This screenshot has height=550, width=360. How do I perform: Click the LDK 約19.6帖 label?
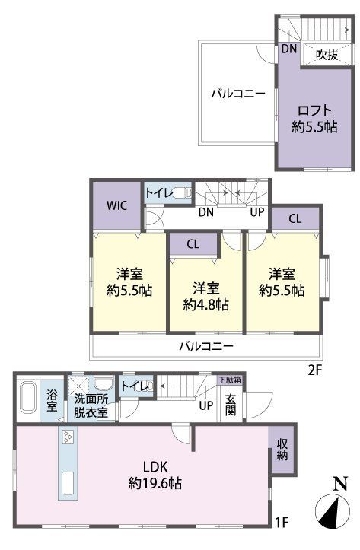(x=155, y=475)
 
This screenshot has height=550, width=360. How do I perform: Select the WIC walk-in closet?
(x=117, y=205)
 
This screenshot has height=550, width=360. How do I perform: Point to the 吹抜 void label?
(x=327, y=54)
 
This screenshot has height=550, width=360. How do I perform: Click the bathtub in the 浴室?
(x=27, y=398)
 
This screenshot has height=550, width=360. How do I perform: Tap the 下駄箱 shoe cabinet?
(x=230, y=380)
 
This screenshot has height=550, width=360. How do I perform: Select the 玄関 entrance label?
(x=230, y=405)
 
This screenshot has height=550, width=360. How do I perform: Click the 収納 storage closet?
(x=282, y=450)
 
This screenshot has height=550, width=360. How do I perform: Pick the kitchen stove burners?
(x=68, y=437)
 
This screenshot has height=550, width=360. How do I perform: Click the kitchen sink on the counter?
(x=68, y=482)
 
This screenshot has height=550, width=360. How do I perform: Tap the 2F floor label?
(x=315, y=370)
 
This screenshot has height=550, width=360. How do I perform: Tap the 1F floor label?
(x=282, y=523)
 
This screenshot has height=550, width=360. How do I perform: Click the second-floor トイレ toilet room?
(x=167, y=192)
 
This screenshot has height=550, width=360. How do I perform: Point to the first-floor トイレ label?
(x=135, y=386)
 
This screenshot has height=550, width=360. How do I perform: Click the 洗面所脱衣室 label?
(x=91, y=406)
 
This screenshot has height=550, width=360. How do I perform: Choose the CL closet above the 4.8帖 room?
(x=193, y=244)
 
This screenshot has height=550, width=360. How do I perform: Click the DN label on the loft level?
(x=289, y=49)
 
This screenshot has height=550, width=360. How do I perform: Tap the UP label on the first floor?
(x=206, y=405)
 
